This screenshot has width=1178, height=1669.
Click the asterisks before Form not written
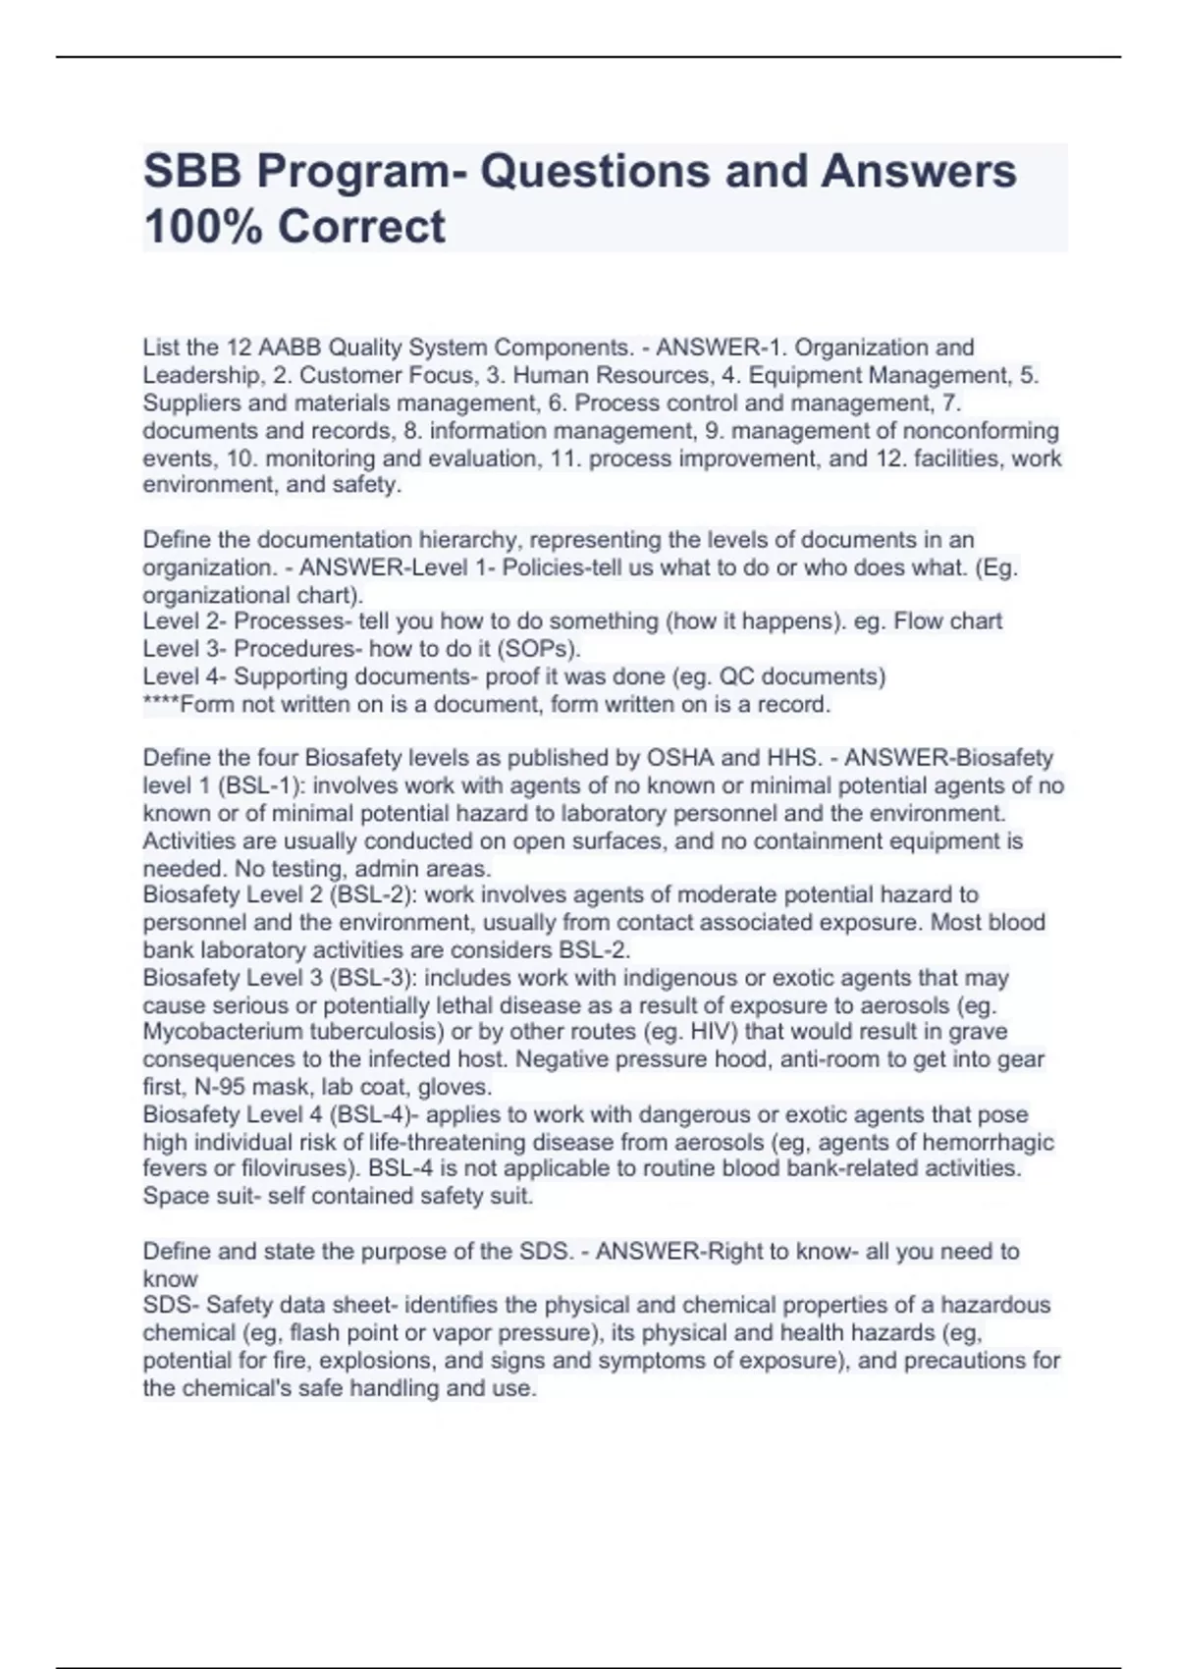pos(161,704)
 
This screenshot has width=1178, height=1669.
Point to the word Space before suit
pos(173,1196)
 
